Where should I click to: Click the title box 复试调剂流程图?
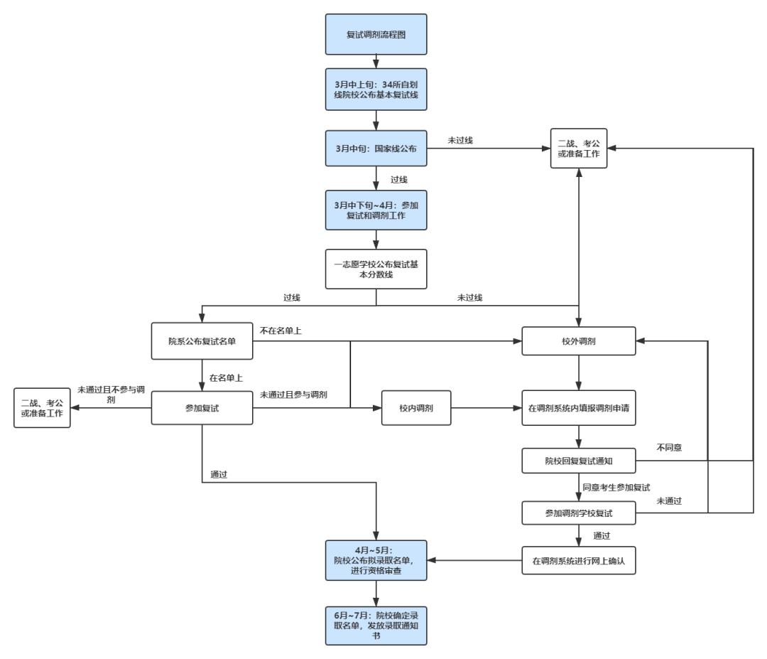click(x=376, y=34)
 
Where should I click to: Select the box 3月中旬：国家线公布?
click(x=376, y=149)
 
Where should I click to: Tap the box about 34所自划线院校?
click(x=376, y=90)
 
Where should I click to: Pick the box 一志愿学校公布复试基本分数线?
click(x=376, y=269)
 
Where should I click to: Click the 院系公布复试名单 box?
click(x=202, y=341)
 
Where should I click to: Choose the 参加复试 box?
click(x=202, y=408)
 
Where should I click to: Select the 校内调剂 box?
click(x=416, y=408)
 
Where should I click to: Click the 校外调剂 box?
click(x=579, y=341)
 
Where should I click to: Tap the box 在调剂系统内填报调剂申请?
click(x=579, y=408)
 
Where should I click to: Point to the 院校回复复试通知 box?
click(x=579, y=461)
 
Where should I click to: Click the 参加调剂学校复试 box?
click(x=579, y=513)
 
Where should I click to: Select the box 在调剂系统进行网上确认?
click(x=579, y=561)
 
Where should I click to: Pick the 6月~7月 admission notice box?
click(x=376, y=626)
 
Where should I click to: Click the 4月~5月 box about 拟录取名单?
click(x=376, y=561)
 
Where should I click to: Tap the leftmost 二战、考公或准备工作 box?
click(x=42, y=408)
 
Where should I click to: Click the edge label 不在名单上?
click(x=281, y=331)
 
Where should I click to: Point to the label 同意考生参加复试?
click(x=616, y=487)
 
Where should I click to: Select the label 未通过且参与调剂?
click(x=293, y=395)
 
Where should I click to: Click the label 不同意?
click(x=669, y=447)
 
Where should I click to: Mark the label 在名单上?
click(x=226, y=378)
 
